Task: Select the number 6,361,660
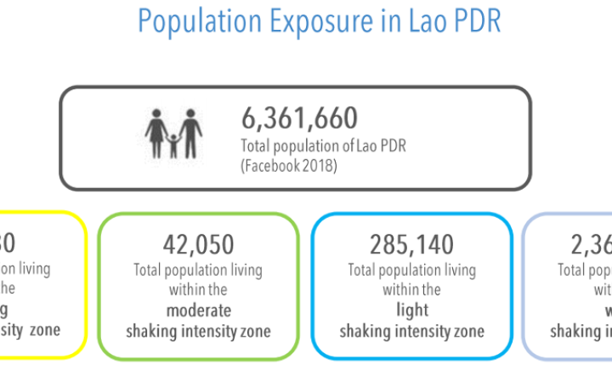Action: tap(299, 119)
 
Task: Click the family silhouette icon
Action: tap(173, 133)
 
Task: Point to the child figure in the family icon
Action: tap(173, 146)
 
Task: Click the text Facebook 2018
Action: tap(290, 165)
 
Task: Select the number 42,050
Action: tap(198, 245)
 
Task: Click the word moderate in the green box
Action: tap(198, 310)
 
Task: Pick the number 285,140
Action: tap(411, 245)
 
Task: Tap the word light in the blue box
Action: tap(411, 310)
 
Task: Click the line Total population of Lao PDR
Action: tap(324, 146)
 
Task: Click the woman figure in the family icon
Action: tap(156, 131)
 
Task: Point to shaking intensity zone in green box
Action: tap(198, 330)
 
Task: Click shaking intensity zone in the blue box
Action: tap(411, 330)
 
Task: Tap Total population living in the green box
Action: tap(198, 270)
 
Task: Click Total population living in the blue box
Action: tap(411, 270)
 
